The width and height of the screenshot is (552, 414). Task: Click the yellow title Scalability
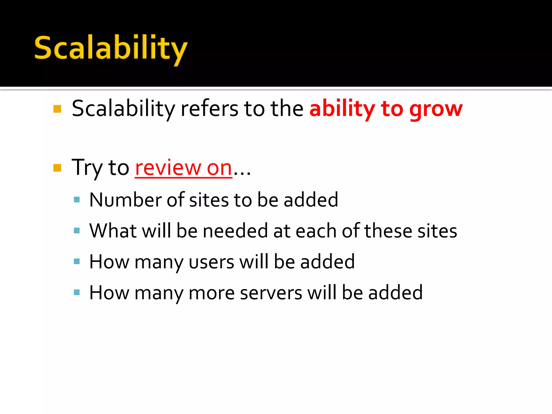click(111, 49)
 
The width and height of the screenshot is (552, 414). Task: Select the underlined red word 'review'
click(168, 168)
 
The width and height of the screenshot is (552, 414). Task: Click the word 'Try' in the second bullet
click(87, 168)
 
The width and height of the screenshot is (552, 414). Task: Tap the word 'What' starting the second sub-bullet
click(113, 231)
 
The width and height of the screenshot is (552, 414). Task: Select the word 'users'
click(211, 262)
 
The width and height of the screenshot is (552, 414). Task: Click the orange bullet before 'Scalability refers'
click(57, 109)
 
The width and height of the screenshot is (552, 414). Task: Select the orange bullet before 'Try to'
click(57, 168)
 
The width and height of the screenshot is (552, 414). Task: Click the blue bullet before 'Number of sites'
click(77, 200)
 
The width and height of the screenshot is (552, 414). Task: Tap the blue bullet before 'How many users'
click(77, 261)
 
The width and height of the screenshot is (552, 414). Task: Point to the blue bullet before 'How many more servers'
click(77, 292)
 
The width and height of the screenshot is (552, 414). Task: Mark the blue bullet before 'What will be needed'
click(77, 231)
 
